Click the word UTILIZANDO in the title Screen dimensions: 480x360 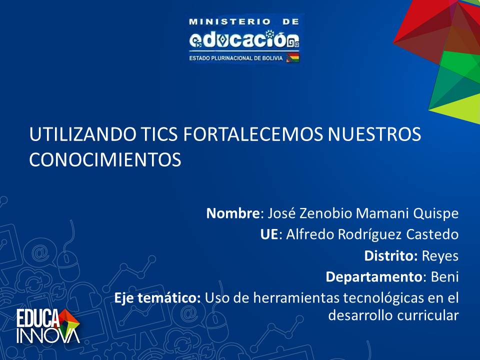click(83, 134)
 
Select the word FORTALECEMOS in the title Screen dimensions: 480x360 click(253, 134)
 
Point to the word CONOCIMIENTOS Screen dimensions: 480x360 click(105, 159)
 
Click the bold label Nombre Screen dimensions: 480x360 click(233, 213)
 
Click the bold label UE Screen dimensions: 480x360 click(269, 234)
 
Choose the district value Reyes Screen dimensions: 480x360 click(440, 256)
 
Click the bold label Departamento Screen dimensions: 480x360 click(374, 277)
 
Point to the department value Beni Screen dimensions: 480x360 click(445, 277)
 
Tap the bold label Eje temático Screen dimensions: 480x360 click(157, 297)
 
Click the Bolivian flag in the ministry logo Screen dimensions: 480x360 click(292, 57)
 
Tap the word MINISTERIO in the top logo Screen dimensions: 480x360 click(229, 21)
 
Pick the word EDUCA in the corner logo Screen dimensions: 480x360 click(37, 318)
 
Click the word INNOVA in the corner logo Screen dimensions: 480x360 click(48, 336)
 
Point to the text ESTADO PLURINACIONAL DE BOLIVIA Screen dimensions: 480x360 click(235, 58)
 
